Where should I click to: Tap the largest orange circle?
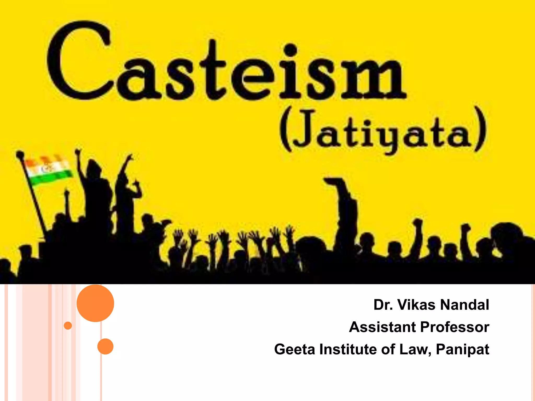point(95,303)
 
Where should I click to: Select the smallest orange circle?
point(68,326)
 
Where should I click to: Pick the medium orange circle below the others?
point(105,346)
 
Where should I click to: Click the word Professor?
point(455,327)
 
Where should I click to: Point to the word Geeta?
point(295,349)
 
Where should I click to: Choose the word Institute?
point(348,349)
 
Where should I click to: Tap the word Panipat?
point(462,350)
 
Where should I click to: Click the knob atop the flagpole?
point(20,155)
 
